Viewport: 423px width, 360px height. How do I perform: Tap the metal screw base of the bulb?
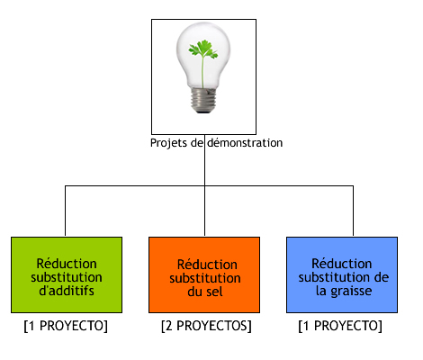click(203, 100)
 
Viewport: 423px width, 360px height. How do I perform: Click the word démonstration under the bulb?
click(245, 142)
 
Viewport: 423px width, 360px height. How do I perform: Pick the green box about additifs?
click(67, 274)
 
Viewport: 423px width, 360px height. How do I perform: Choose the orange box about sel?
click(204, 274)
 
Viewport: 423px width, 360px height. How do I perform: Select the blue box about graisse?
click(342, 274)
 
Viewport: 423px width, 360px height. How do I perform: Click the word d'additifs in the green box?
click(67, 291)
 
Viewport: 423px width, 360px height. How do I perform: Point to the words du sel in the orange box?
click(205, 292)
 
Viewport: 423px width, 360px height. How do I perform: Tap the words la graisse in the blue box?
click(344, 291)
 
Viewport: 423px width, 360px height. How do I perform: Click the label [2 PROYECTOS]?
click(206, 326)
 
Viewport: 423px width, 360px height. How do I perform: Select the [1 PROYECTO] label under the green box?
click(66, 326)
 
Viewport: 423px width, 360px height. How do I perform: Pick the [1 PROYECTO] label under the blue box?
click(340, 326)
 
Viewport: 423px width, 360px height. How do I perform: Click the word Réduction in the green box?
click(67, 264)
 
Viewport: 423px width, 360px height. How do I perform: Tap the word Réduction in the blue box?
click(342, 264)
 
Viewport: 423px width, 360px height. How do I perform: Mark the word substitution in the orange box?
click(205, 278)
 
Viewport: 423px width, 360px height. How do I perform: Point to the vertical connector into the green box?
click(65, 211)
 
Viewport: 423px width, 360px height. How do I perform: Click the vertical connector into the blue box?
click(353, 211)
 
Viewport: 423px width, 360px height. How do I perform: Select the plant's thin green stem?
click(202, 72)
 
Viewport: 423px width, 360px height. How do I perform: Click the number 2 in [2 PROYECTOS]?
click(169, 326)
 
